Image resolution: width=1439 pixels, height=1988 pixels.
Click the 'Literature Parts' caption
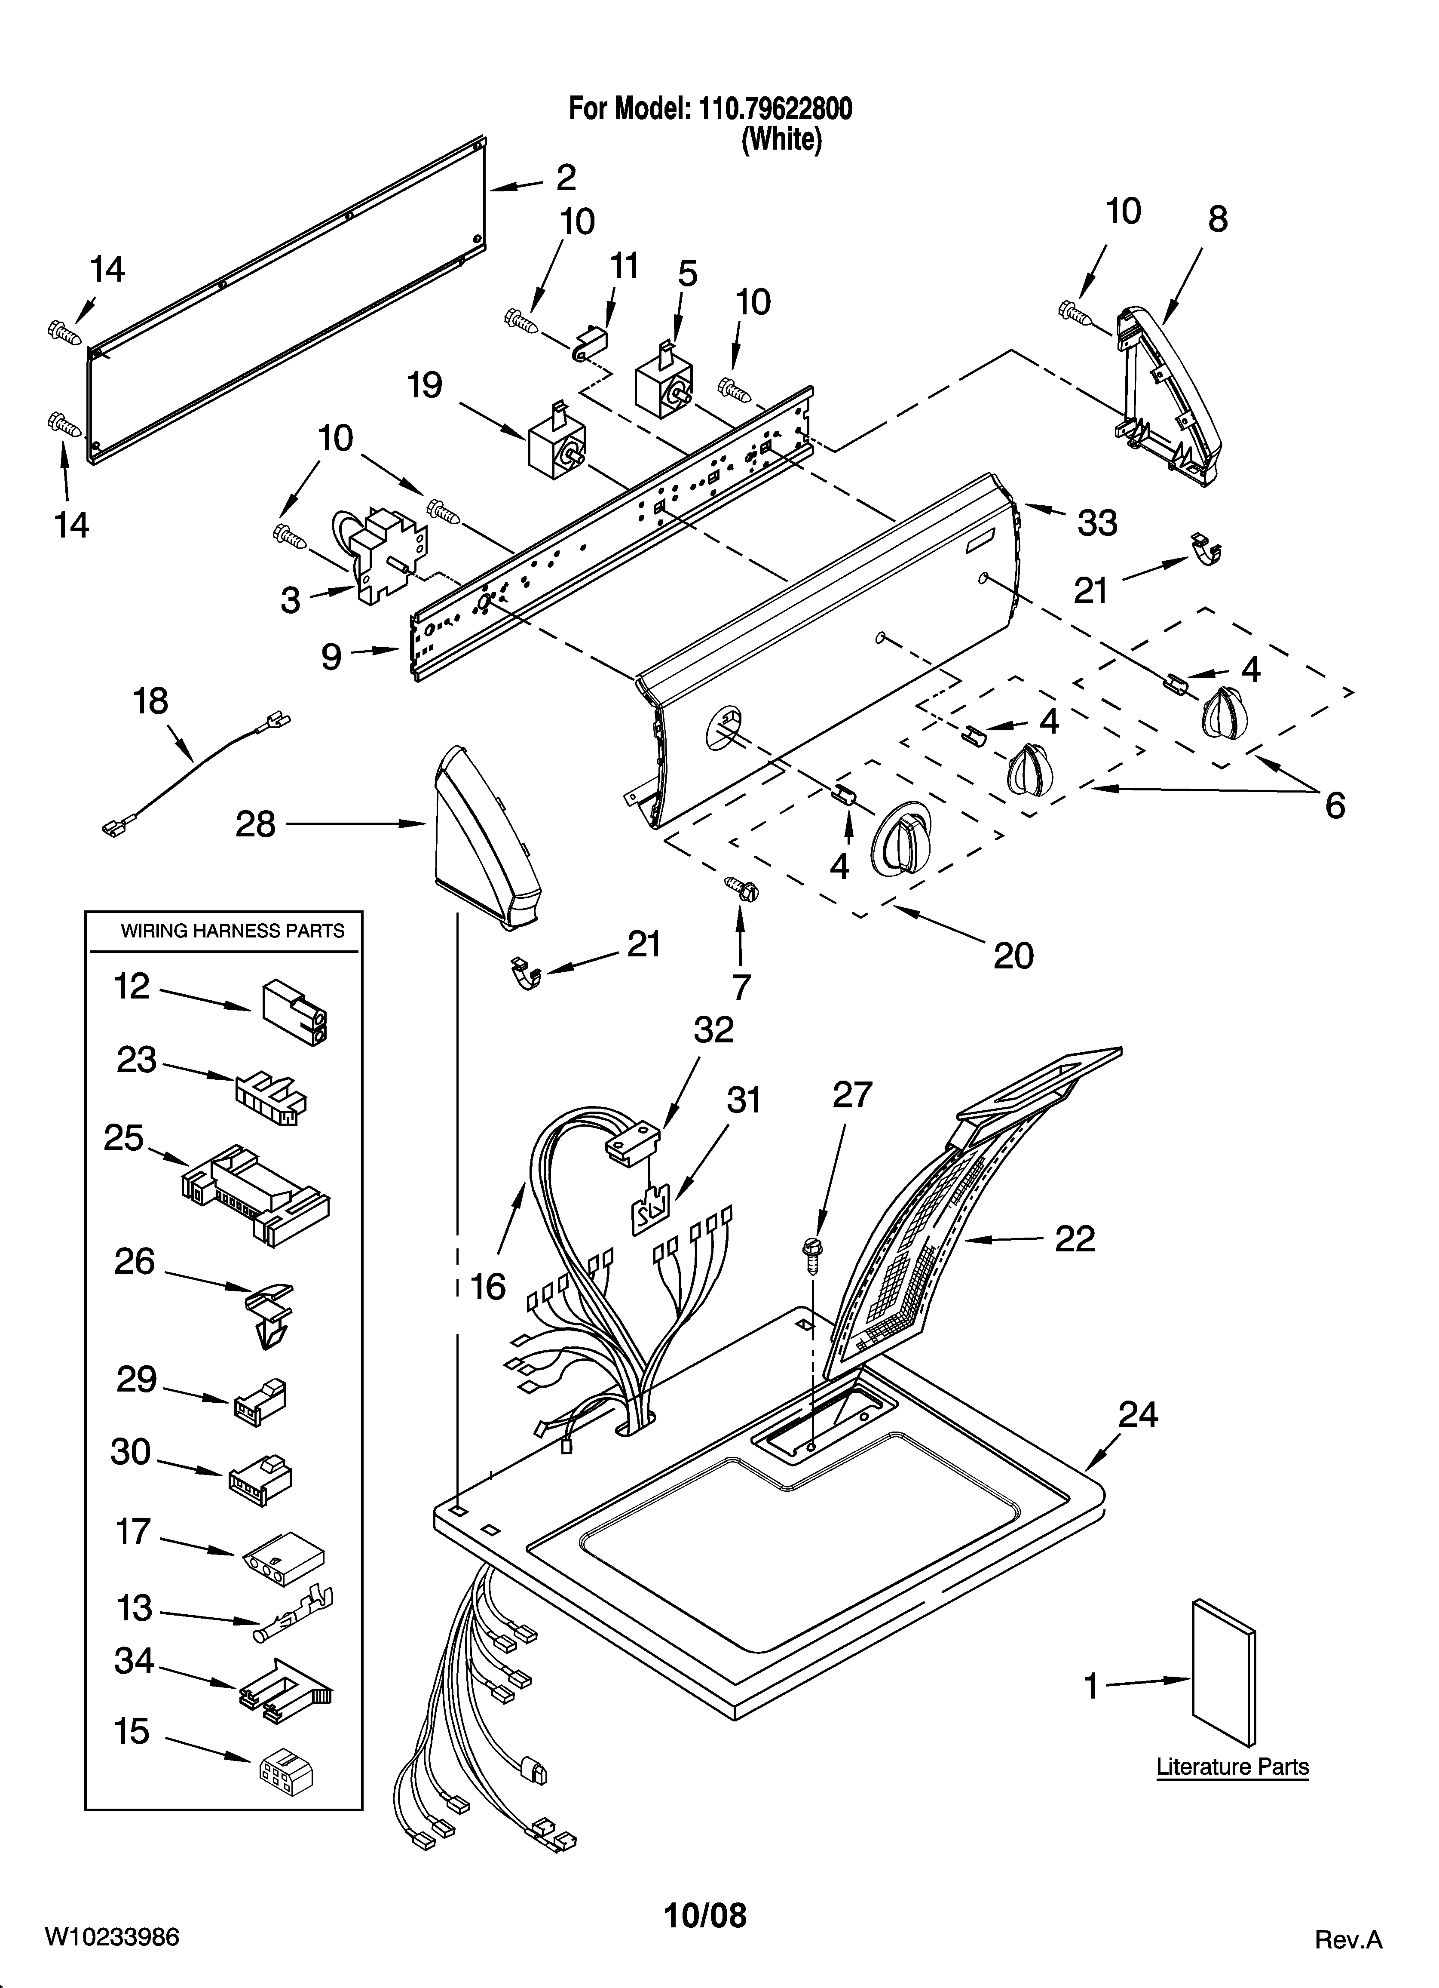click(x=1232, y=1766)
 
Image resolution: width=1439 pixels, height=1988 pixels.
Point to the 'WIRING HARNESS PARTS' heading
click(x=232, y=931)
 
